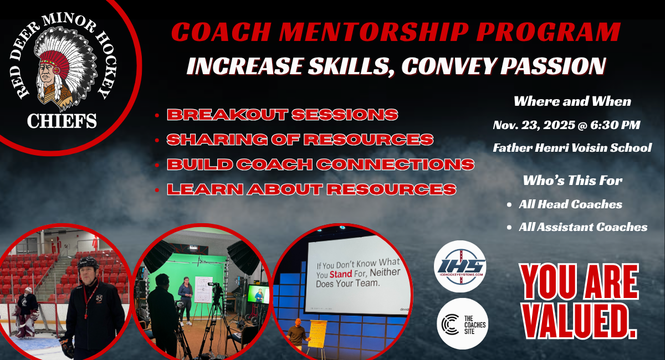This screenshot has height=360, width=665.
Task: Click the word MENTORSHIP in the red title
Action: click(374, 32)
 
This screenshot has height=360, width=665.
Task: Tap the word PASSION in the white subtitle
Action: click(553, 65)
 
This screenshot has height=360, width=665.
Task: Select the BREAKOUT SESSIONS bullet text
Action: click(282, 115)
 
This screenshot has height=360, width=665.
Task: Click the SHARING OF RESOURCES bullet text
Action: click(300, 140)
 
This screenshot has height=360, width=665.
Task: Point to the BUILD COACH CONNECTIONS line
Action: click(321, 164)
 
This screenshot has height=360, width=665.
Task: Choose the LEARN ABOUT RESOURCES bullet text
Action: click(311, 189)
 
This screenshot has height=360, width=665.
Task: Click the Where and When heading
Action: click(572, 101)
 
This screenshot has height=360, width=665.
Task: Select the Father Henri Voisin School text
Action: click(572, 148)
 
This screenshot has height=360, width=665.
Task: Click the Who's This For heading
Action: click(572, 181)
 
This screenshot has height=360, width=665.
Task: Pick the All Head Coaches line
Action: click(570, 204)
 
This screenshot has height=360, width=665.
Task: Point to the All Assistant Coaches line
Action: click(583, 227)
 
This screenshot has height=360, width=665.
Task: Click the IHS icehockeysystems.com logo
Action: click(460, 266)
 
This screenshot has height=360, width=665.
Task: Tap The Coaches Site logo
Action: click(463, 324)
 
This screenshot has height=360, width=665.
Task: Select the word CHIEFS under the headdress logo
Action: click(62, 121)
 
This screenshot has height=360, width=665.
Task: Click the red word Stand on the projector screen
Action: click(341, 274)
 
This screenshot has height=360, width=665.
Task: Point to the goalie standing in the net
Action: click(27, 312)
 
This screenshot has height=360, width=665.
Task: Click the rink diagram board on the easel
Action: click(203, 289)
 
